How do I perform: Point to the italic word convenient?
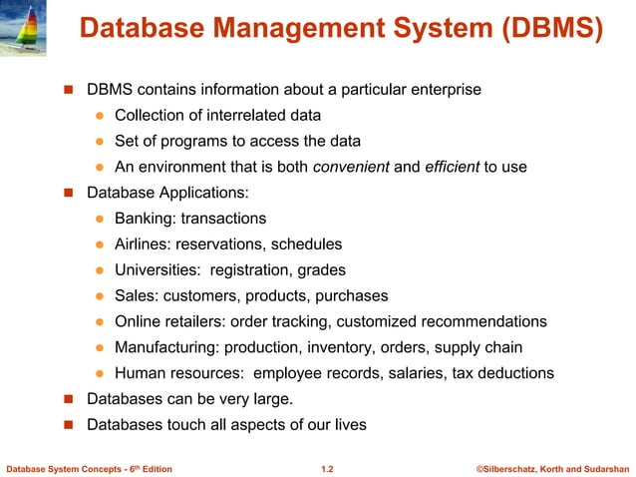click(x=351, y=167)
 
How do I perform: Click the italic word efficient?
click(x=454, y=167)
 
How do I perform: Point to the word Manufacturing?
click(x=164, y=347)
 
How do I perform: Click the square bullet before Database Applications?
click(x=70, y=193)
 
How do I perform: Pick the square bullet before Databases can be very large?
click(x=70, y=399)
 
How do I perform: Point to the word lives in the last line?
click(x=349, y=425)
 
